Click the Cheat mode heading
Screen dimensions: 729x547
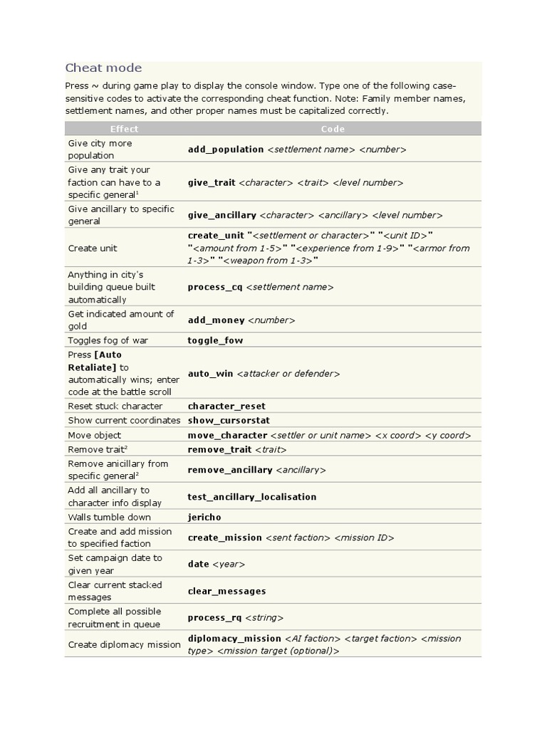click(x=103, y=68)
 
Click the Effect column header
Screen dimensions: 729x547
click(x=124, y=129)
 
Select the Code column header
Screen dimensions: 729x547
click(x=333, y=129)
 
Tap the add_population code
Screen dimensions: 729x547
click(x=226, y=150)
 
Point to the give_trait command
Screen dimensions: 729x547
click(x=212, y=182)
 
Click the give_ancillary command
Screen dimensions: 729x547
click(x=222, y=215)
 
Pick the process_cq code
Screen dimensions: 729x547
click(x=215, y=287)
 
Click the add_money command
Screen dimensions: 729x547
click(x=216, y=320)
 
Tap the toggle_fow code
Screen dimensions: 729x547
click(x=215, y=340)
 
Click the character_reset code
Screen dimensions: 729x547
click(x=226, y=406)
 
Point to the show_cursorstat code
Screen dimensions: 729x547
click(x=229, y=420)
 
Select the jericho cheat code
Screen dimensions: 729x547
click(x=204, y=517)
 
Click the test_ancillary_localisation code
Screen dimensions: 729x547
click(x=252, y=497)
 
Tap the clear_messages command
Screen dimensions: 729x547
click(x=226, y=591)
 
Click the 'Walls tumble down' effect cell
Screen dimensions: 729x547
click(x=110, y=517)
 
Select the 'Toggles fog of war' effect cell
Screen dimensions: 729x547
click(x=108, y=340)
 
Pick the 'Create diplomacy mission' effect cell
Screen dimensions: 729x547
click(x=125, y=644)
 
